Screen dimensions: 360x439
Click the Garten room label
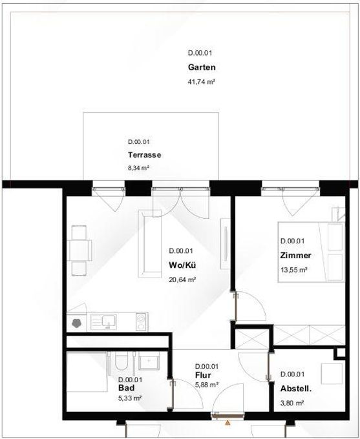202,67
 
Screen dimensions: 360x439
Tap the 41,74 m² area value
201,82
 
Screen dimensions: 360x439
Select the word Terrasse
144,155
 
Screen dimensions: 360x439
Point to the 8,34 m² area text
138,168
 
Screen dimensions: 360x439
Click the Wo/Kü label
182,265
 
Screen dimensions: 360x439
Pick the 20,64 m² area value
182,280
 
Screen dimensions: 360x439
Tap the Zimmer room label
295,256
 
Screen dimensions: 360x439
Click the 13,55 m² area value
294,270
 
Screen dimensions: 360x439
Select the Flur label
203,375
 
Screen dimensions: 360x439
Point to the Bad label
126,388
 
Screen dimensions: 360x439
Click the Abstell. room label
296,389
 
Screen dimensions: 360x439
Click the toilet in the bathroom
122,362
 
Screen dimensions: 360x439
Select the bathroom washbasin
149,361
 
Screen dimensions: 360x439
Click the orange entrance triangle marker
228,423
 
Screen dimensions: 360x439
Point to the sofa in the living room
151,243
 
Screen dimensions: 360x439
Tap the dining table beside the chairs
79,250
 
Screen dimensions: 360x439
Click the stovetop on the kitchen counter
141,321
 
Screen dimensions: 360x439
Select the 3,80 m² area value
292,403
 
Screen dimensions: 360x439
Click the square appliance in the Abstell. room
332,374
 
